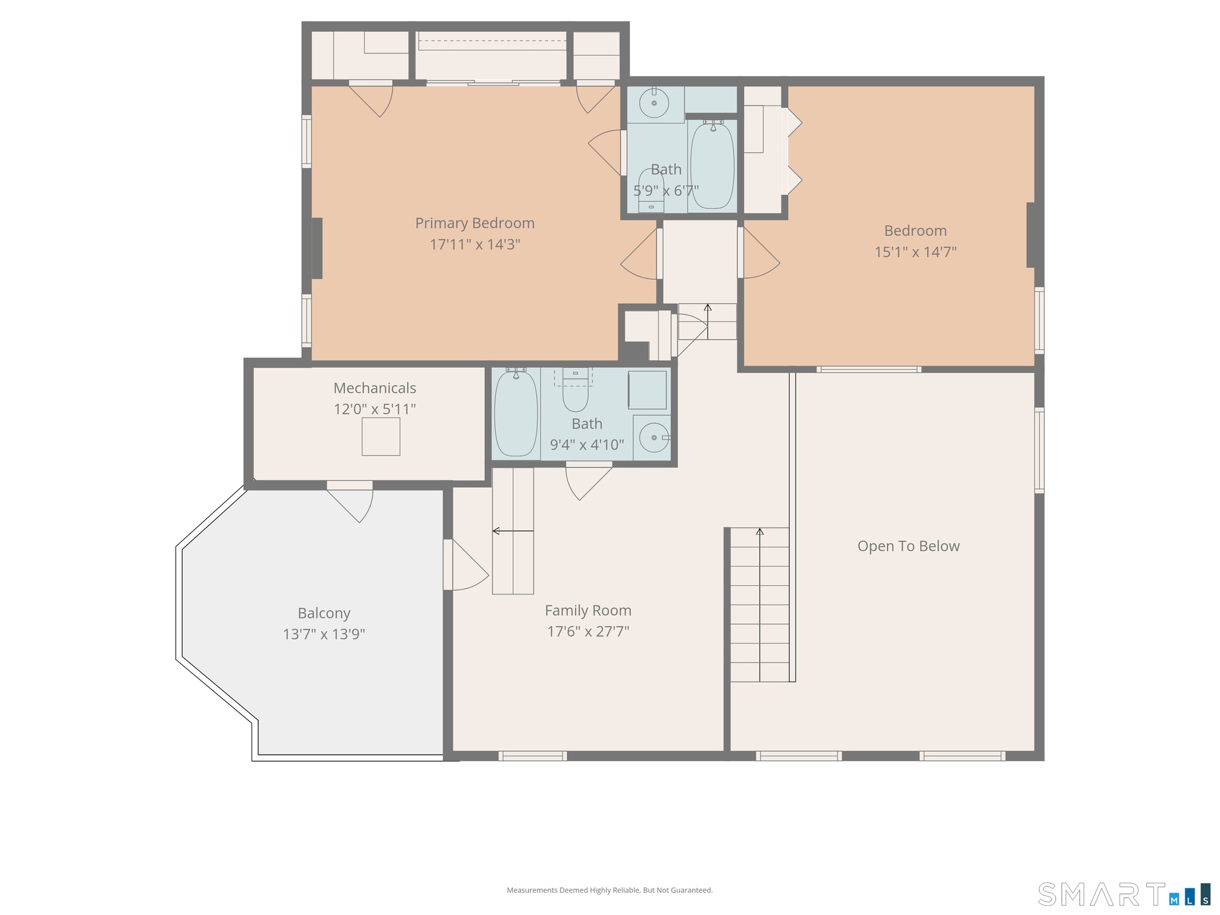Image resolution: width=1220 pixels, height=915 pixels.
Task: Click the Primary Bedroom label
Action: [x=475, y=223]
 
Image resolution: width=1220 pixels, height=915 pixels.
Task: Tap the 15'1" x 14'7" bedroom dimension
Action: [x=916, y=252]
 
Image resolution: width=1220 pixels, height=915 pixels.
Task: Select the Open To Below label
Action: [x=909, y=546]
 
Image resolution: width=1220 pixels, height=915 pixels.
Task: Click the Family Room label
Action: [x=588, y=611]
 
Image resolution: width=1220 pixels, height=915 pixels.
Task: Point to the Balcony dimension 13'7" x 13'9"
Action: [x=324, y=634]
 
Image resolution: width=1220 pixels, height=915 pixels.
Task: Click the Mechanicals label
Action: [x=375, y=388]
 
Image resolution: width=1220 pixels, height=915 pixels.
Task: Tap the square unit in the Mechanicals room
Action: [x=381, y=437]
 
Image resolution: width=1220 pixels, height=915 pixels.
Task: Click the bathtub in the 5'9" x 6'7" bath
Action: [x=712, y=165]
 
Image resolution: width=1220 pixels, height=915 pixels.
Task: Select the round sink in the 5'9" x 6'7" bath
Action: [x=654, y=102]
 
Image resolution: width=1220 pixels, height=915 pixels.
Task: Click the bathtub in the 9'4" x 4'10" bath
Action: [x=516, y=413]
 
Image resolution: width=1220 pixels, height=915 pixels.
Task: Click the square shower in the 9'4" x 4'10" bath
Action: [x=647, y=390]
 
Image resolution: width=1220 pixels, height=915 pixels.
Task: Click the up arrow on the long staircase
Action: [x=759, y=604]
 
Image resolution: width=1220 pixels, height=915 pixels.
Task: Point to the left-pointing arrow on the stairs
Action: [x=513, y=531]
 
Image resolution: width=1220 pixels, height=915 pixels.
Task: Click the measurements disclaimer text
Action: [x=610, y=890]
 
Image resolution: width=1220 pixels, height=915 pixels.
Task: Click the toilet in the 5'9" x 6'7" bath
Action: [x=651, y=189]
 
